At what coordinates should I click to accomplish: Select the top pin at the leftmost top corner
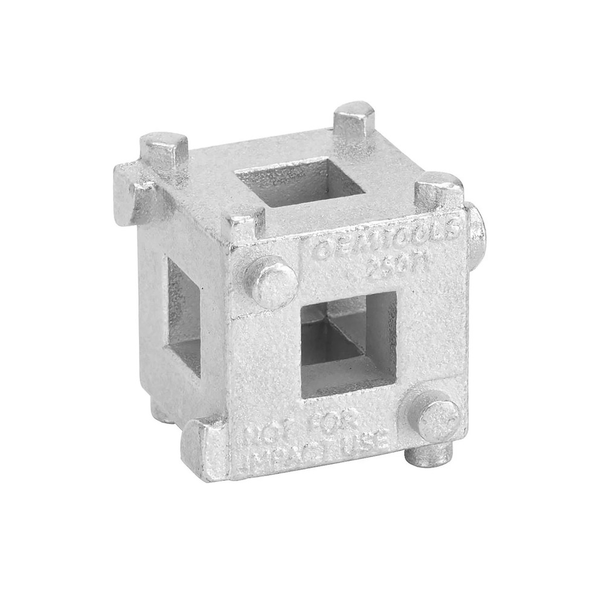point(163,154)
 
